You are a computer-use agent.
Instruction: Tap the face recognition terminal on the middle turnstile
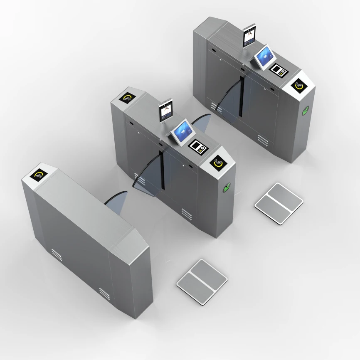[x=165, y=111]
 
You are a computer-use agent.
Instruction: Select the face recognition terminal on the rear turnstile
[x=249, y=35]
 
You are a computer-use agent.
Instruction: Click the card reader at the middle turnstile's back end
[x=128, y=99]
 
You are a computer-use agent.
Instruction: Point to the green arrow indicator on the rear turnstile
[x=306, y=111]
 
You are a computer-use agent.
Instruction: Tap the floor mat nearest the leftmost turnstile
[x=202, y=281]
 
